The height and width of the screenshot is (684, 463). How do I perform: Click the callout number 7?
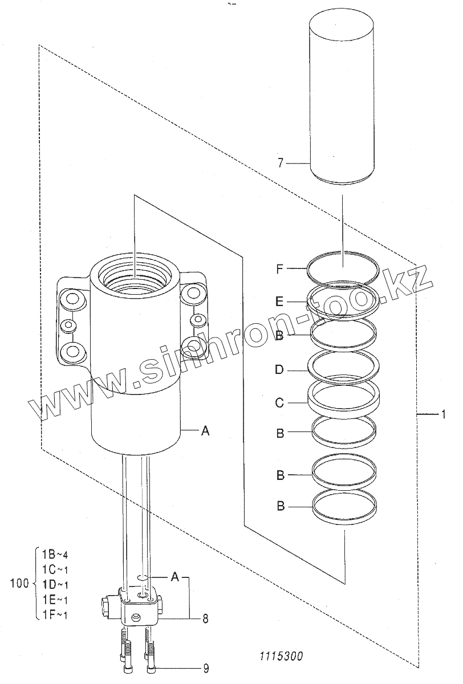coord(280,164)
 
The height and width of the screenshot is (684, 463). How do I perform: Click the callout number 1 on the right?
coord(443,414)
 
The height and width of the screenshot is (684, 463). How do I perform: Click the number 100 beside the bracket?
coord(19,584)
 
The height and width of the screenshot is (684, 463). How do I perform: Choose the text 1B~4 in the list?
coord(55,553)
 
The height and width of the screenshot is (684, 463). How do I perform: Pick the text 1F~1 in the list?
coord(55,614)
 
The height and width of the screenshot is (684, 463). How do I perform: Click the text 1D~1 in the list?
coord(55,584)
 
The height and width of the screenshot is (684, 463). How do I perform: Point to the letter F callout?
coord(279,268)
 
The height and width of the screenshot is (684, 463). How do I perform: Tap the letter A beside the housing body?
coord(205,431)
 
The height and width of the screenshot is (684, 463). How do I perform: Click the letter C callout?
coord(279,404)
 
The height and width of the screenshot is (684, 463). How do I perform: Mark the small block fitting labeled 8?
coord(140,608)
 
